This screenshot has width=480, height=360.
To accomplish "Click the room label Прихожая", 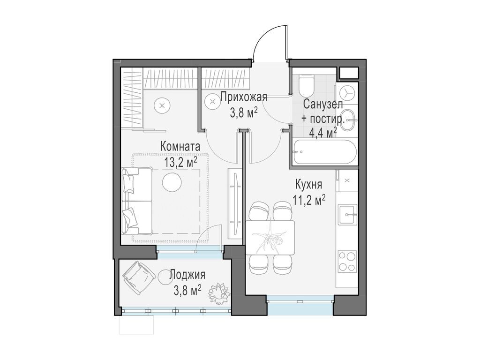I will (x=243, y=97).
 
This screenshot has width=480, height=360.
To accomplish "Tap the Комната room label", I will (x=180, y=146).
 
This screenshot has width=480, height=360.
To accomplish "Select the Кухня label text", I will (x=308, y=184).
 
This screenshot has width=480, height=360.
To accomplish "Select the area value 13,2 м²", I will (x=180, y=162).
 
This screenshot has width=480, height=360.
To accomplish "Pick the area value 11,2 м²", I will (x=308, y=200).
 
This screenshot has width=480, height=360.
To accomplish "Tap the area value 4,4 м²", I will (x=323, y=133).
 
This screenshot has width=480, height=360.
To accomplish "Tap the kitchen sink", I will (x=348, y=214).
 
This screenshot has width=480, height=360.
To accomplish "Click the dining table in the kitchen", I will (x=270, y=237).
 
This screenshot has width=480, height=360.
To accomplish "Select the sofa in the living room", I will (x=136, y=201).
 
